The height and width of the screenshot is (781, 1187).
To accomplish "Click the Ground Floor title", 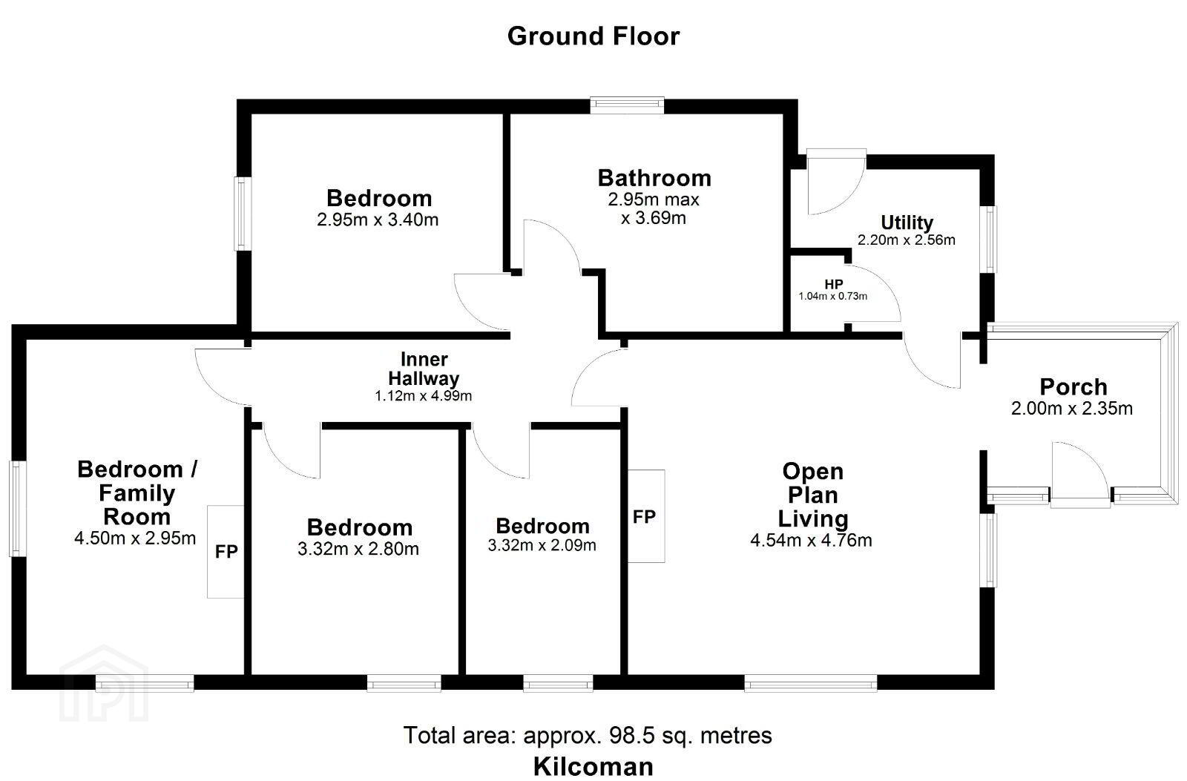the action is click(593, 36).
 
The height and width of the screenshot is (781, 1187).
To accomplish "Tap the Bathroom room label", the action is click(654, 178).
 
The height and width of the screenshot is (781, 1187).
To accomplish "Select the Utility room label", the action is click(907, 223).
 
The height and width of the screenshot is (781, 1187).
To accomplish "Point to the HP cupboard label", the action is click(834, 285).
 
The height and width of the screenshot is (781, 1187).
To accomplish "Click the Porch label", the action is click(1073, 386).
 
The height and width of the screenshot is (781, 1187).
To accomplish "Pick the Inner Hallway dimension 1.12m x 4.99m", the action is click(424, 396).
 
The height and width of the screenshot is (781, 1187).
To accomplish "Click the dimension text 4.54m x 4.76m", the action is click(812, 541).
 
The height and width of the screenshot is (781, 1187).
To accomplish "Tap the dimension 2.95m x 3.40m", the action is click(378, 220).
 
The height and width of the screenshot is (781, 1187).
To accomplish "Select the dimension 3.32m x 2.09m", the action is click(542, 545).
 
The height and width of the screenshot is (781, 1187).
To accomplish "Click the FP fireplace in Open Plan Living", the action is click(646, 516).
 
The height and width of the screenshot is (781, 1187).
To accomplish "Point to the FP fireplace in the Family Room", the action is click(226, 552).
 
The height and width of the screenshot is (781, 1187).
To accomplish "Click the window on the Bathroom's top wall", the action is click(628, 105).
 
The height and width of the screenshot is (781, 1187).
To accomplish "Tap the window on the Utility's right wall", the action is click(988, 240).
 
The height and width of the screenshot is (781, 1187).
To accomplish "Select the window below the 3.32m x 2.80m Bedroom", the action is click(404, 683).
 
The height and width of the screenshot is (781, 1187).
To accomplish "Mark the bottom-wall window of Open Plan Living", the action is click(811, 683).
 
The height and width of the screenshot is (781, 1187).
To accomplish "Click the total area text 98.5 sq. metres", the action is click(691, 736).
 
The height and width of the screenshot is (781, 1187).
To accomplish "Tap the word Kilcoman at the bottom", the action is click(593, 767).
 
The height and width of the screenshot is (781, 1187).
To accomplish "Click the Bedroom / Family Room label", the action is click(137, 492).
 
